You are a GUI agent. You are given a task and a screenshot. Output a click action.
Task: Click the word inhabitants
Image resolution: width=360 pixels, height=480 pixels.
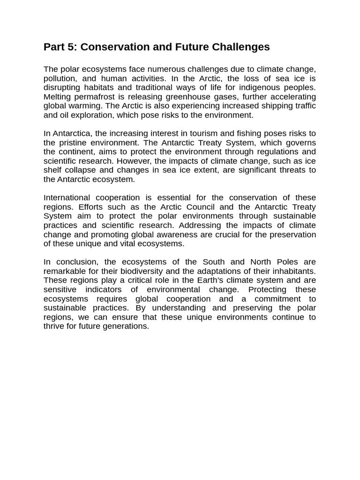[293, 271]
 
